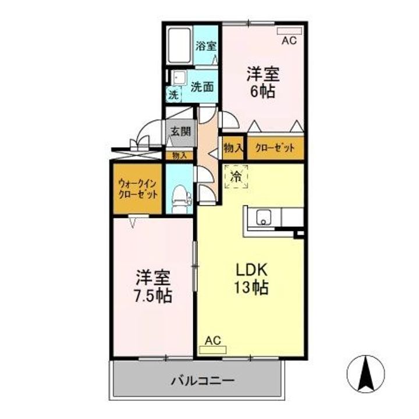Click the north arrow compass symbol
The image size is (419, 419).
tap(367, 373)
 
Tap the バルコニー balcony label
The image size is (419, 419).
tap(203, 381)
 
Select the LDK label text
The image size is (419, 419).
tap(251, 271)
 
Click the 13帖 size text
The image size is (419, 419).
tap(251, 287)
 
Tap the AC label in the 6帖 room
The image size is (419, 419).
tap(289, 41)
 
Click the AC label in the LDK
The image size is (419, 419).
tap(212, 341)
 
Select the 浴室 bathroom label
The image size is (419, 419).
tap(206, 46)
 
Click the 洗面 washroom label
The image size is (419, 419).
tap(202, 86)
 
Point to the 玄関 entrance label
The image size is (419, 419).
tap(180, 131)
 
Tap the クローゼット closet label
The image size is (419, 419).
tap(275, 148)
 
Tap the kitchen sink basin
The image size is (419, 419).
tap(263, 217)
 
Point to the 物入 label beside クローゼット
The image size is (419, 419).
tap(233, 148)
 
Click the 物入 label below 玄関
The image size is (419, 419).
tap(179, 155)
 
